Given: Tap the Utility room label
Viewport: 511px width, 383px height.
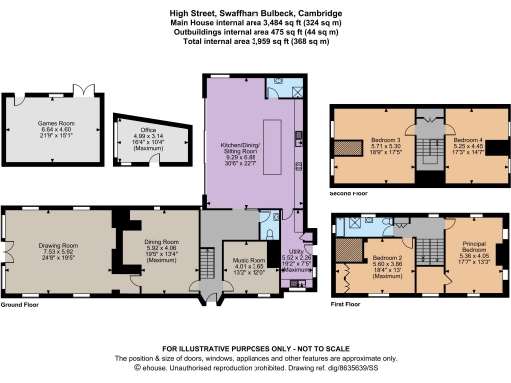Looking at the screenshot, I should [x=299, y=257].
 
